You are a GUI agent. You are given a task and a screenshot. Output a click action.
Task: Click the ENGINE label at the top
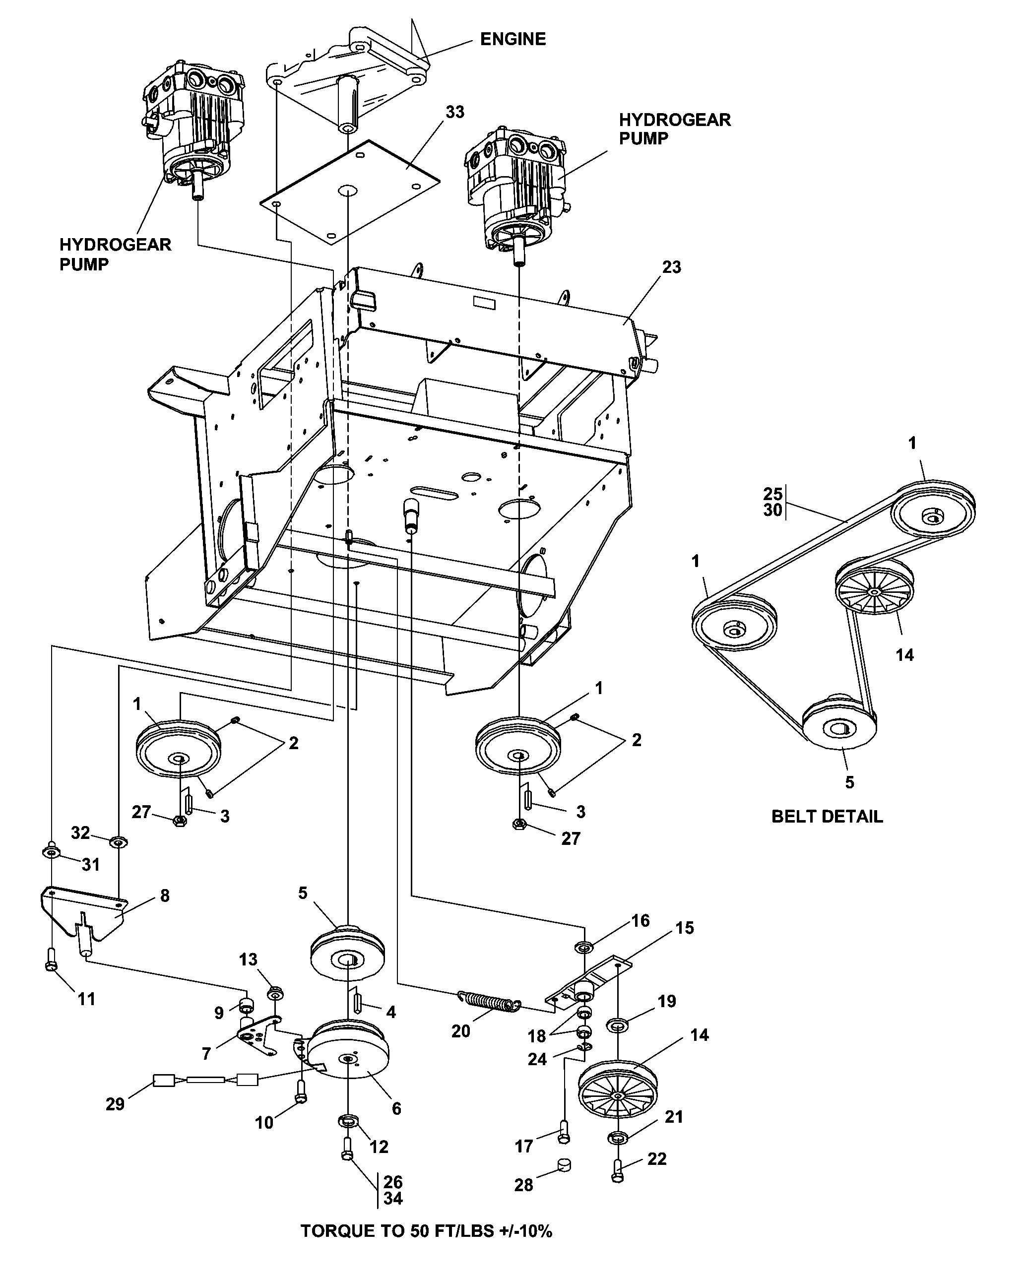click(x=513, y=39)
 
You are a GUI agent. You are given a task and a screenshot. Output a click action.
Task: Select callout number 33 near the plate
click(x=454, y=112)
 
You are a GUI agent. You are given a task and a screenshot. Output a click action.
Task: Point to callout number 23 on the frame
click(x=671, y=267)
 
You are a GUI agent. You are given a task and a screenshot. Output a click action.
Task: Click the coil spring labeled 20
click(x=490, y=1001)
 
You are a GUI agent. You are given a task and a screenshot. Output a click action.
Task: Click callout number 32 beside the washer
click(x=81, y=832)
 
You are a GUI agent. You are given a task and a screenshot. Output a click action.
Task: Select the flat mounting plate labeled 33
click(x=350, y=191)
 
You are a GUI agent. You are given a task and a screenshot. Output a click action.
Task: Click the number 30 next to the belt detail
click(x=772, y=510)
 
